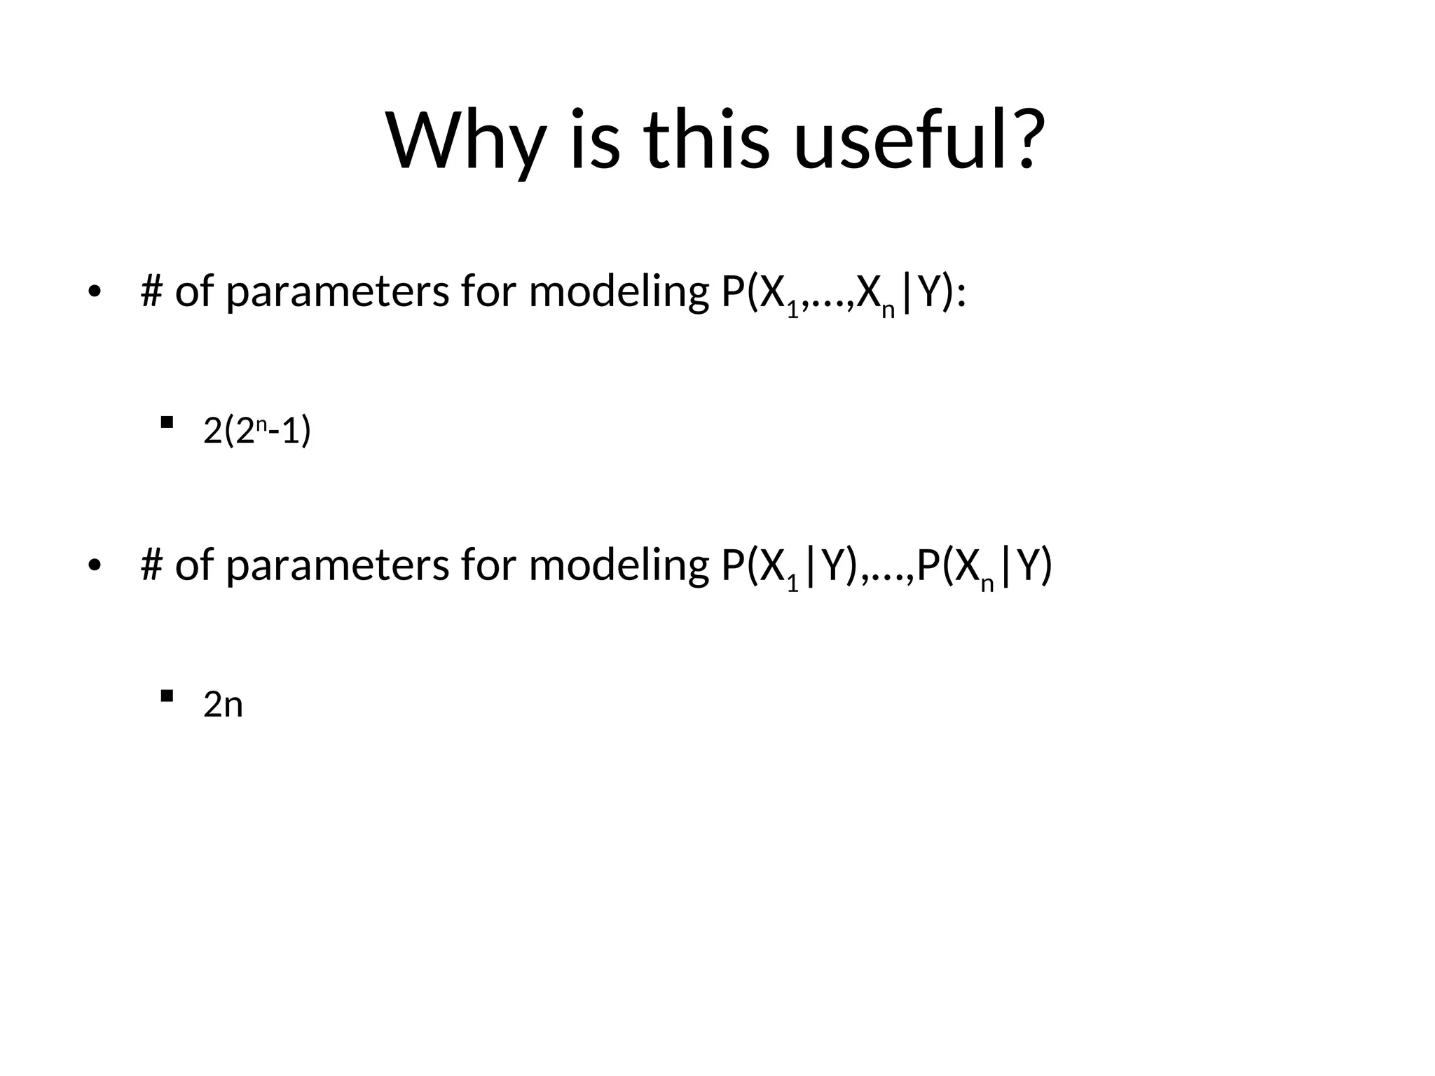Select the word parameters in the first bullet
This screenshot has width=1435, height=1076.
pos(337,293)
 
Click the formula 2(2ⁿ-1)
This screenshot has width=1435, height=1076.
pos(256,430)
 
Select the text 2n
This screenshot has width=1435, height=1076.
pos(223,704)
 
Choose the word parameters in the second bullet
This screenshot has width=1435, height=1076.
pos(337,566)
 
